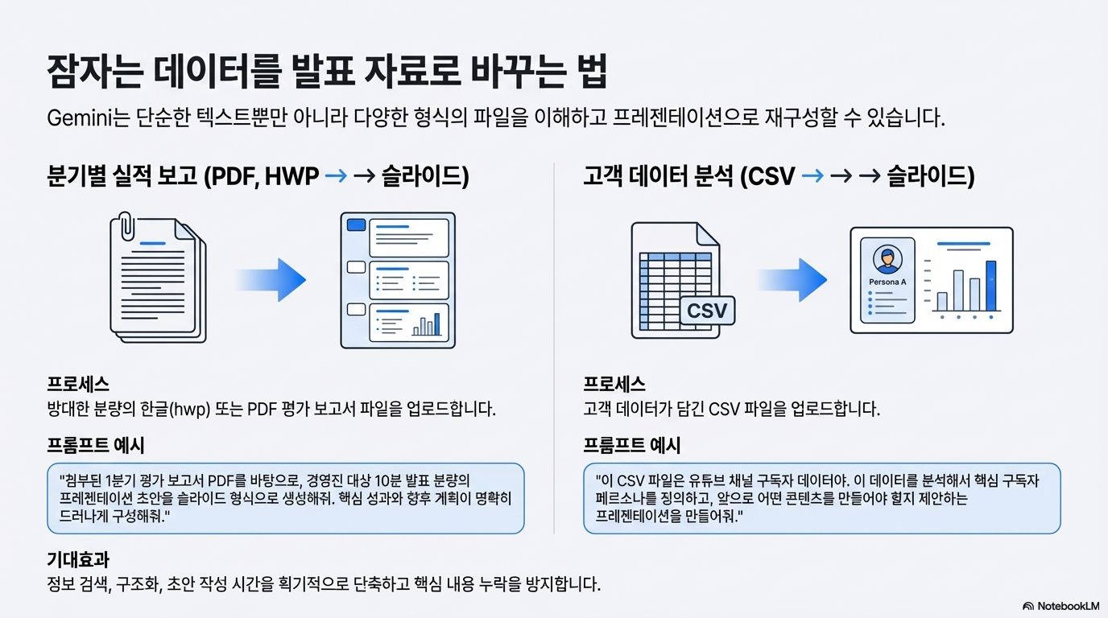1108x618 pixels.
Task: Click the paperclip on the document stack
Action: [127, 228]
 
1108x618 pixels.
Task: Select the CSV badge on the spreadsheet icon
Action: [707, 310]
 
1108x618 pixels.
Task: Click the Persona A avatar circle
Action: [887, 259]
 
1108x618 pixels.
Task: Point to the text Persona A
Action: [887, 282]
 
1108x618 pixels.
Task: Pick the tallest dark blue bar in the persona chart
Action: [990, 286]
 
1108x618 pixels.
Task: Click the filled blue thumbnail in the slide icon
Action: [355, 226]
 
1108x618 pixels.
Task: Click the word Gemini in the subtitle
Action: [79, 119]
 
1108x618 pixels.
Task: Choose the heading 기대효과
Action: [78, 559]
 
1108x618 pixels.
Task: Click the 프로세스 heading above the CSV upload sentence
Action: [614, 385]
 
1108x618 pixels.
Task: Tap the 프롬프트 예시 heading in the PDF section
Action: [96, 445]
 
